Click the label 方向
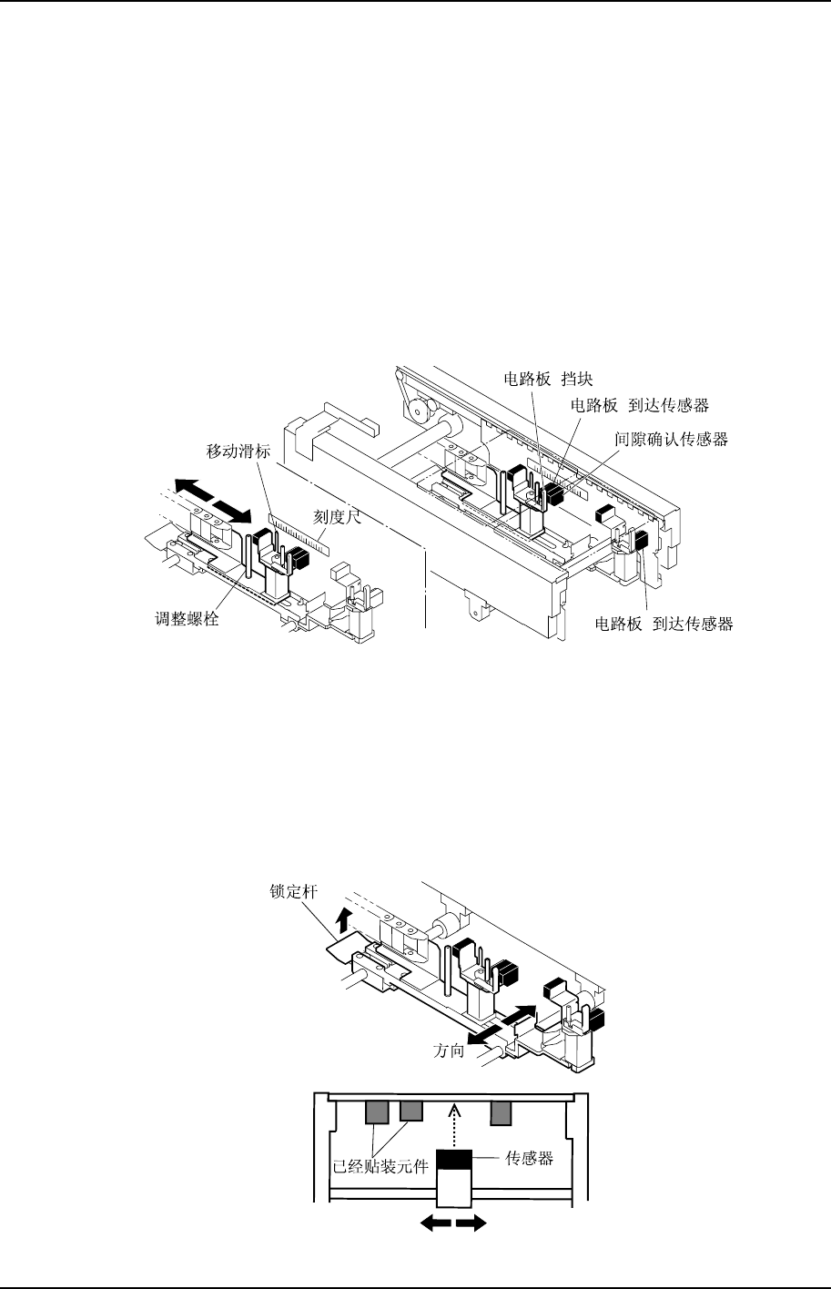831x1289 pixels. tap(447, 1050)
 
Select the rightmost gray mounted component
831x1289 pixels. tap(502, 1111)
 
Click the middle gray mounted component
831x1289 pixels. tap(411, 1111)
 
